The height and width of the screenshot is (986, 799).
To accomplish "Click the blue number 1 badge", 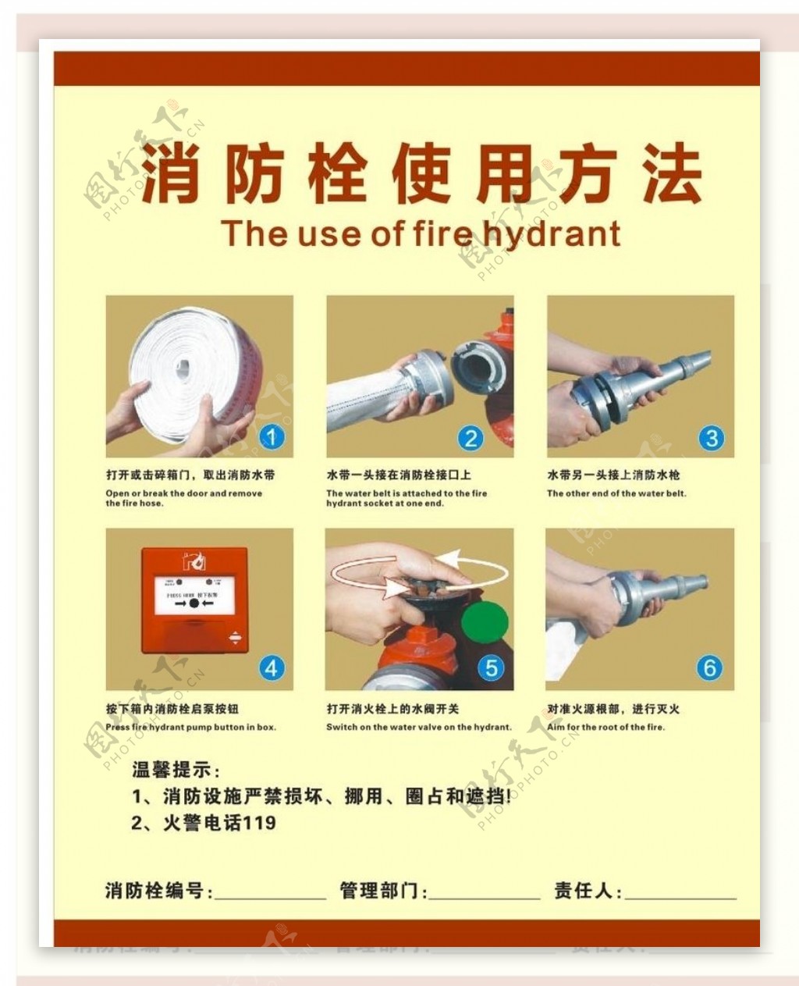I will tap(272, 436).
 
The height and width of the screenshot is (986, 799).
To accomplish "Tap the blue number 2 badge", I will tap(471, 438).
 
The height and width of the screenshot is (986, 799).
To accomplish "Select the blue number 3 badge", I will tap(711, 438).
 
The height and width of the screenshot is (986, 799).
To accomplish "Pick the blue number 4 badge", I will tap(272, 668).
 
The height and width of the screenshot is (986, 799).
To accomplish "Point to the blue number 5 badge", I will tap(492, 668).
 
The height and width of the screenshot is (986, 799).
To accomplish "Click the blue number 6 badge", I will tap(710, 668).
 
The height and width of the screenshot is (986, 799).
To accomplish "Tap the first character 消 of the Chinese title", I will tap(170, 173).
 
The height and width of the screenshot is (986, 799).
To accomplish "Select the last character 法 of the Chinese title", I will tap(672, 173).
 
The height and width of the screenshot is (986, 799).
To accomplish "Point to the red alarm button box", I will tap(194, 600).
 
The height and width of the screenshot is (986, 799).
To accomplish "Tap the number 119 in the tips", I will tap(260, 823).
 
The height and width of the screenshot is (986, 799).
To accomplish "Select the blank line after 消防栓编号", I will tap(270, 895).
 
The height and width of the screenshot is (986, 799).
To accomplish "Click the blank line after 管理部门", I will tap(484, 895).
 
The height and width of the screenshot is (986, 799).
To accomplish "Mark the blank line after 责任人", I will tap(680, 895).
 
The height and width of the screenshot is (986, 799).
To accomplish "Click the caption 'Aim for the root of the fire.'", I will tap(605, 727).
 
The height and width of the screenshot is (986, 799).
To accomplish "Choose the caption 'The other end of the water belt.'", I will tap(616, 493).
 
